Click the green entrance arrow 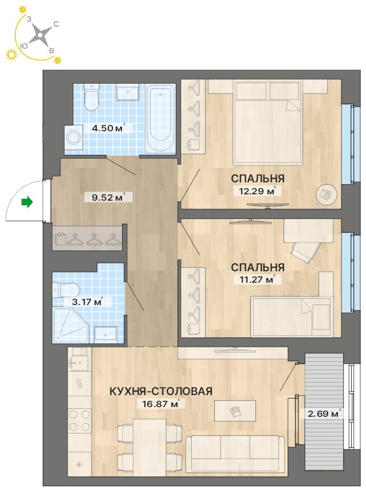click(x=27, y=201)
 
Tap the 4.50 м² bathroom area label click(x=108, y=128)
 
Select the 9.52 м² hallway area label click(x=108, y=197)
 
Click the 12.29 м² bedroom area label click(x=257, y=191)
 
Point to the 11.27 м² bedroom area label click(x=257, y=279)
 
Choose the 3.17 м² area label click(x=87, y=302)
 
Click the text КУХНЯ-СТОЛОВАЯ click(x=161, y=391)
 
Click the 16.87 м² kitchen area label click(x=160, y=404)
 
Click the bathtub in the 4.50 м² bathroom click(x=161, y=118)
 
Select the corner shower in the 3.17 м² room click(x=70, y=325)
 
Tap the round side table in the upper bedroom click(x=326, y=194)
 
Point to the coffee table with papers click(x=235, y=411)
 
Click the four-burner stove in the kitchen click(x=80, y=420)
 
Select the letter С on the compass click(x=56, y=24)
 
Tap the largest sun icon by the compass click(x=11, y=54)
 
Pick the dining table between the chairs click(x=149, y=447)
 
